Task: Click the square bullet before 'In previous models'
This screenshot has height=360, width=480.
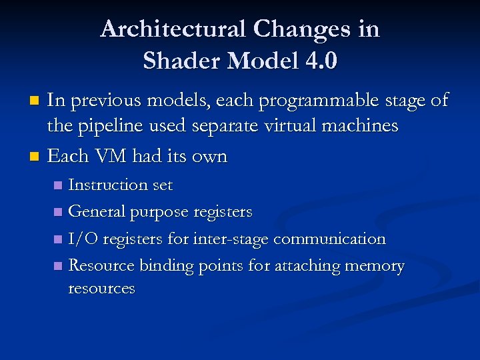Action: point(37,101)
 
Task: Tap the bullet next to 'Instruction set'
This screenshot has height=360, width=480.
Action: point(59,185)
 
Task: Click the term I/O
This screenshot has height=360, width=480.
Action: point(82,239)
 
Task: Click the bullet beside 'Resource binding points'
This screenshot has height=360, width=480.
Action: point(59,266)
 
